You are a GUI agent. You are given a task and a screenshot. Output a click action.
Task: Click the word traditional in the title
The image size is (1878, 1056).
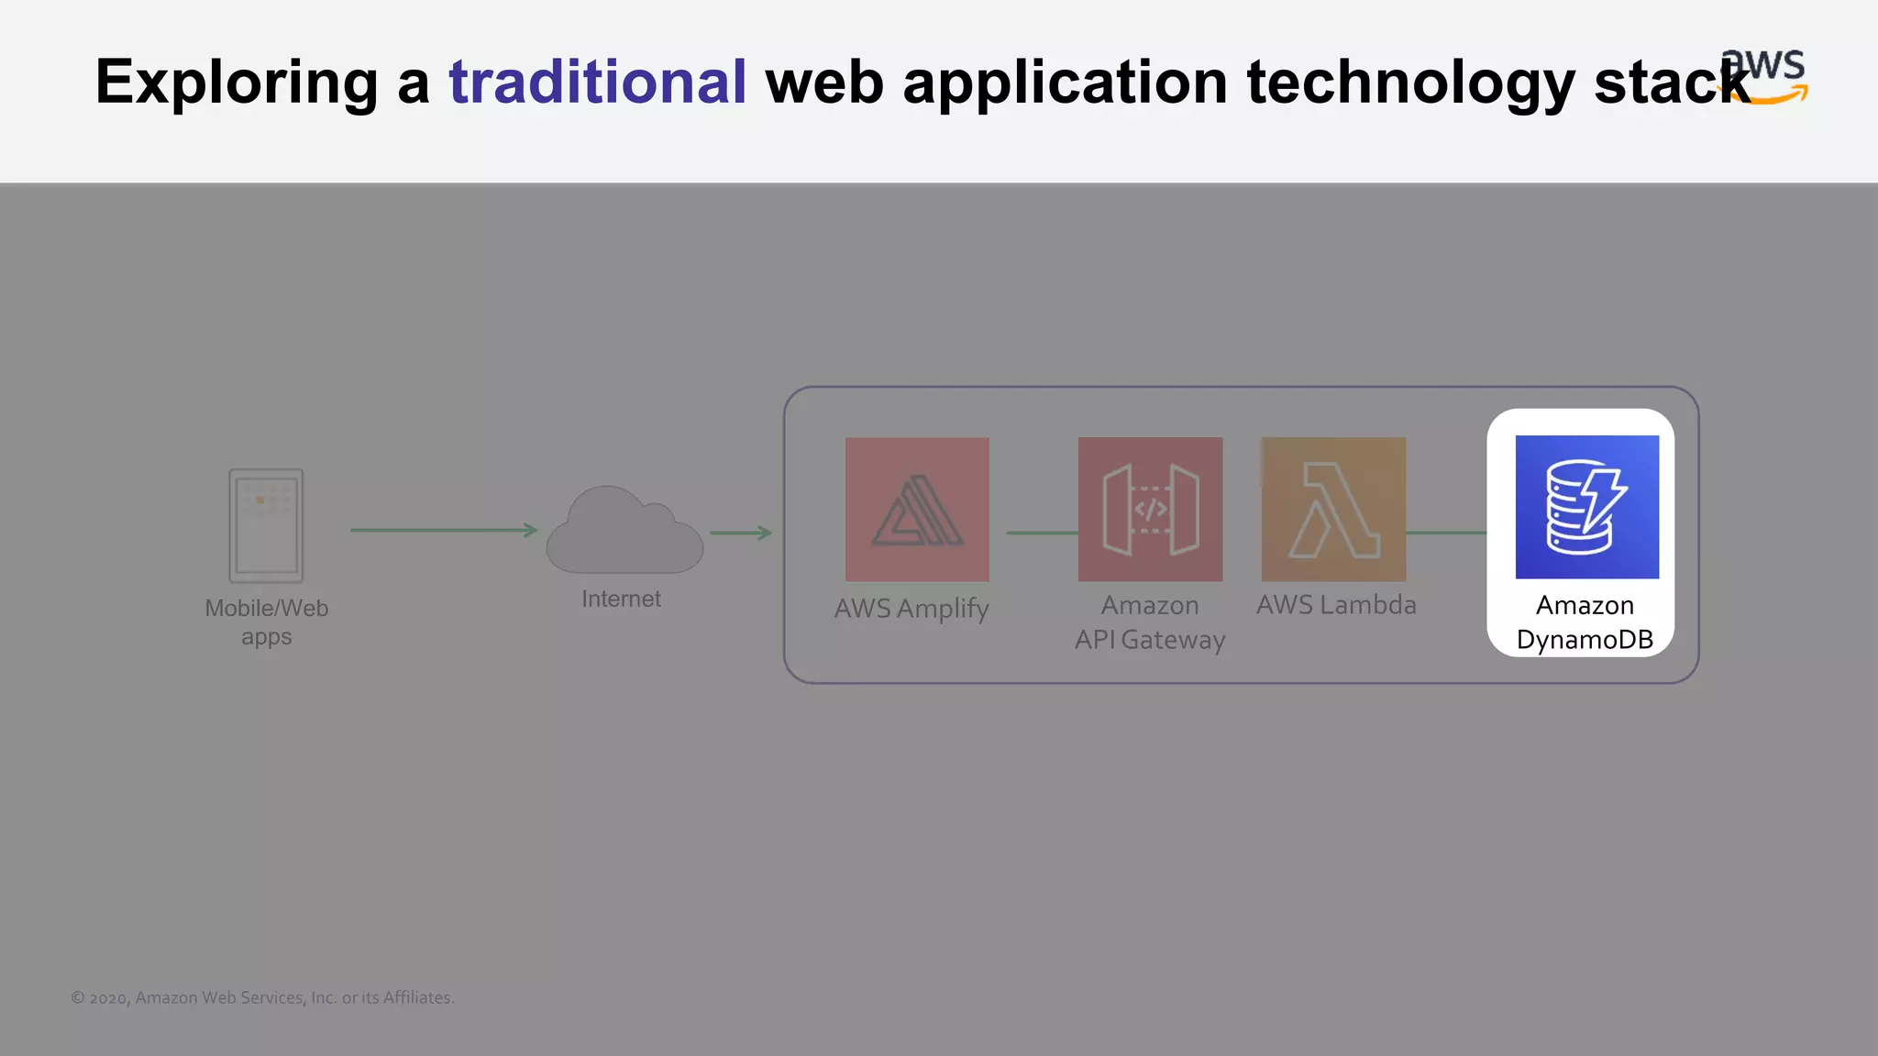click(597, 82)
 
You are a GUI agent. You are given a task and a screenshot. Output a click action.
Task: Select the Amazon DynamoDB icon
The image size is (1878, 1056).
click(1586, 507)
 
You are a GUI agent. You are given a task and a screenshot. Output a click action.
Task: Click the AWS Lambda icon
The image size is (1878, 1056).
click(1333, 509)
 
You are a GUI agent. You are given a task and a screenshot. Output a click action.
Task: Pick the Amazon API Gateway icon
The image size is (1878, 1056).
click(1150, 509)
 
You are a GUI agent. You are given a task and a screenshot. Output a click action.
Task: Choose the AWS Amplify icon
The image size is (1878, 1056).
click(917, 509)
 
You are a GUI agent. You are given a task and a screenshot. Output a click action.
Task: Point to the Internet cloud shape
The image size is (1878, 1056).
click(624, 532)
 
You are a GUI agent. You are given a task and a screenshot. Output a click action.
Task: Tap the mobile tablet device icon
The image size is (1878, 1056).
click(266, 526)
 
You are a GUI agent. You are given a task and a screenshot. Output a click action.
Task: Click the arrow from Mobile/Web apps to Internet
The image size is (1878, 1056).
click(444, 530)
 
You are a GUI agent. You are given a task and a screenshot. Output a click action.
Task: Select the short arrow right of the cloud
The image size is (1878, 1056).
click(741, 533)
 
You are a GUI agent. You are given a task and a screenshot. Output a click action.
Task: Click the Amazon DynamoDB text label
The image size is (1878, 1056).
click(1585, 622)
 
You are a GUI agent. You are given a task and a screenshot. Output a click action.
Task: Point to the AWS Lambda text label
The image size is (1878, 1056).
click(1336, 605)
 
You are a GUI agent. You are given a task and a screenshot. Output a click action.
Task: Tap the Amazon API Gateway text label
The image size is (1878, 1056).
click(1150, 622)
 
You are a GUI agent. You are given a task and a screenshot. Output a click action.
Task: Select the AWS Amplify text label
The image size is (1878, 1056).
click(911, 609)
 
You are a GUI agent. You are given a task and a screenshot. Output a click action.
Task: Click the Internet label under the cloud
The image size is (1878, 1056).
click(621, 599)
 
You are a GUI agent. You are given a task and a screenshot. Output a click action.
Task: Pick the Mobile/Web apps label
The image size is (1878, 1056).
click(266, 622)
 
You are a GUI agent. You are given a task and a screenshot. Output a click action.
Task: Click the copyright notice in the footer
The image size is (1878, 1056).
click(262, 998)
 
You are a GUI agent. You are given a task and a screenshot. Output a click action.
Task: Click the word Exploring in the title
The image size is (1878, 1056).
click(237, 82)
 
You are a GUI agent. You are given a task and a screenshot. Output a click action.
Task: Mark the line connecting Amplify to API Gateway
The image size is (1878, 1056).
click(1042, 533)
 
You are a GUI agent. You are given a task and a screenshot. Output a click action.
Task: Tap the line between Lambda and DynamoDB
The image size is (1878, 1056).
click(1446, 533)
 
